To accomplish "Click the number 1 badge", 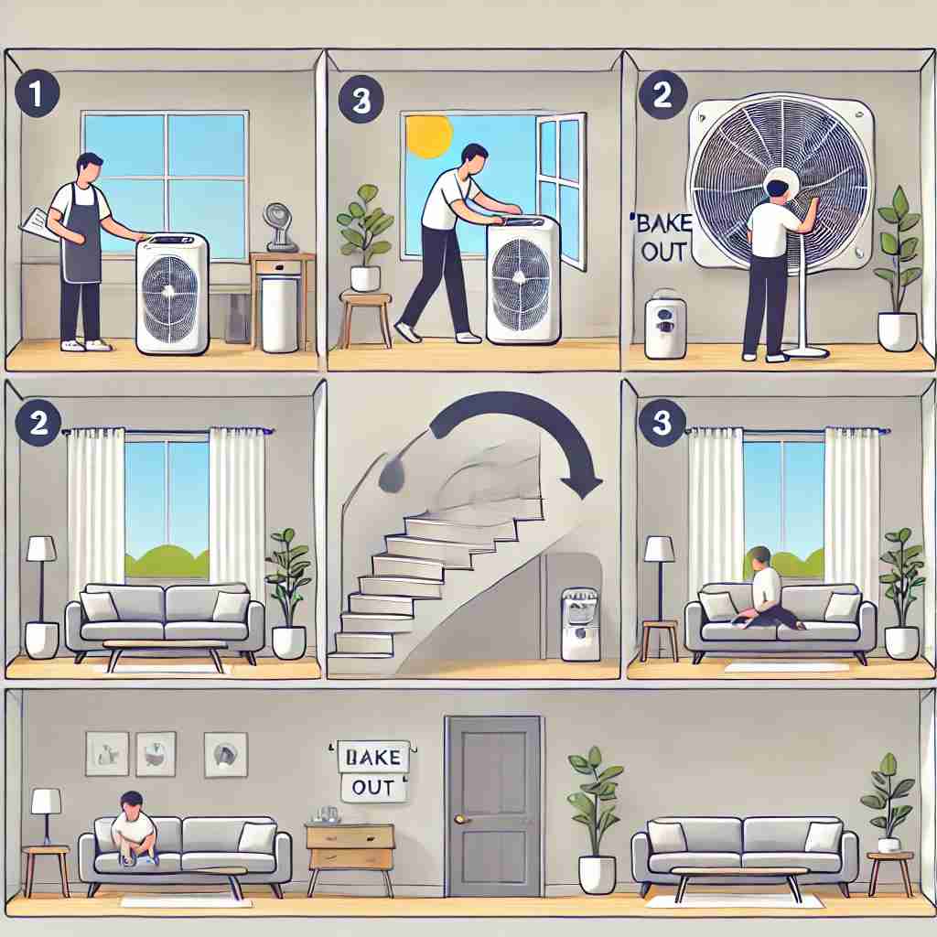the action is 37,94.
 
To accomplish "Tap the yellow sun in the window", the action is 428,136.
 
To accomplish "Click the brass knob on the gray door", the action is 460,819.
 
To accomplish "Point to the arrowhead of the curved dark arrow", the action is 586,487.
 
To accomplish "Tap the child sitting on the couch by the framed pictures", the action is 134,829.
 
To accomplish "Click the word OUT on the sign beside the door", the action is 373,788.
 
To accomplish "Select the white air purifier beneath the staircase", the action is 580,624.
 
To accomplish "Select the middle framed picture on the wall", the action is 156,754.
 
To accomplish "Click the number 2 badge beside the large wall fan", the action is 662,94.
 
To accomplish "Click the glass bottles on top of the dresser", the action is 327,813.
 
